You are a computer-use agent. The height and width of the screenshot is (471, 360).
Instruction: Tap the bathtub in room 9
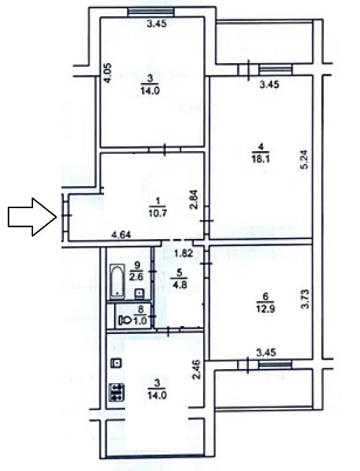tap(117, 280)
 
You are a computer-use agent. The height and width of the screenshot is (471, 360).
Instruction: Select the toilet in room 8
tap(126, 321)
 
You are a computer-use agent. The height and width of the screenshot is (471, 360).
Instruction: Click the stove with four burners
tap(117, 392)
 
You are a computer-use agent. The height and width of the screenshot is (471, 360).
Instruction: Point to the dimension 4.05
tap(108, 74)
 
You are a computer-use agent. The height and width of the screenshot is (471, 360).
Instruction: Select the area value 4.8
tap(179, 285)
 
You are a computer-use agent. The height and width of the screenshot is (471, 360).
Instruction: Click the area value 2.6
tap(137, 276)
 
